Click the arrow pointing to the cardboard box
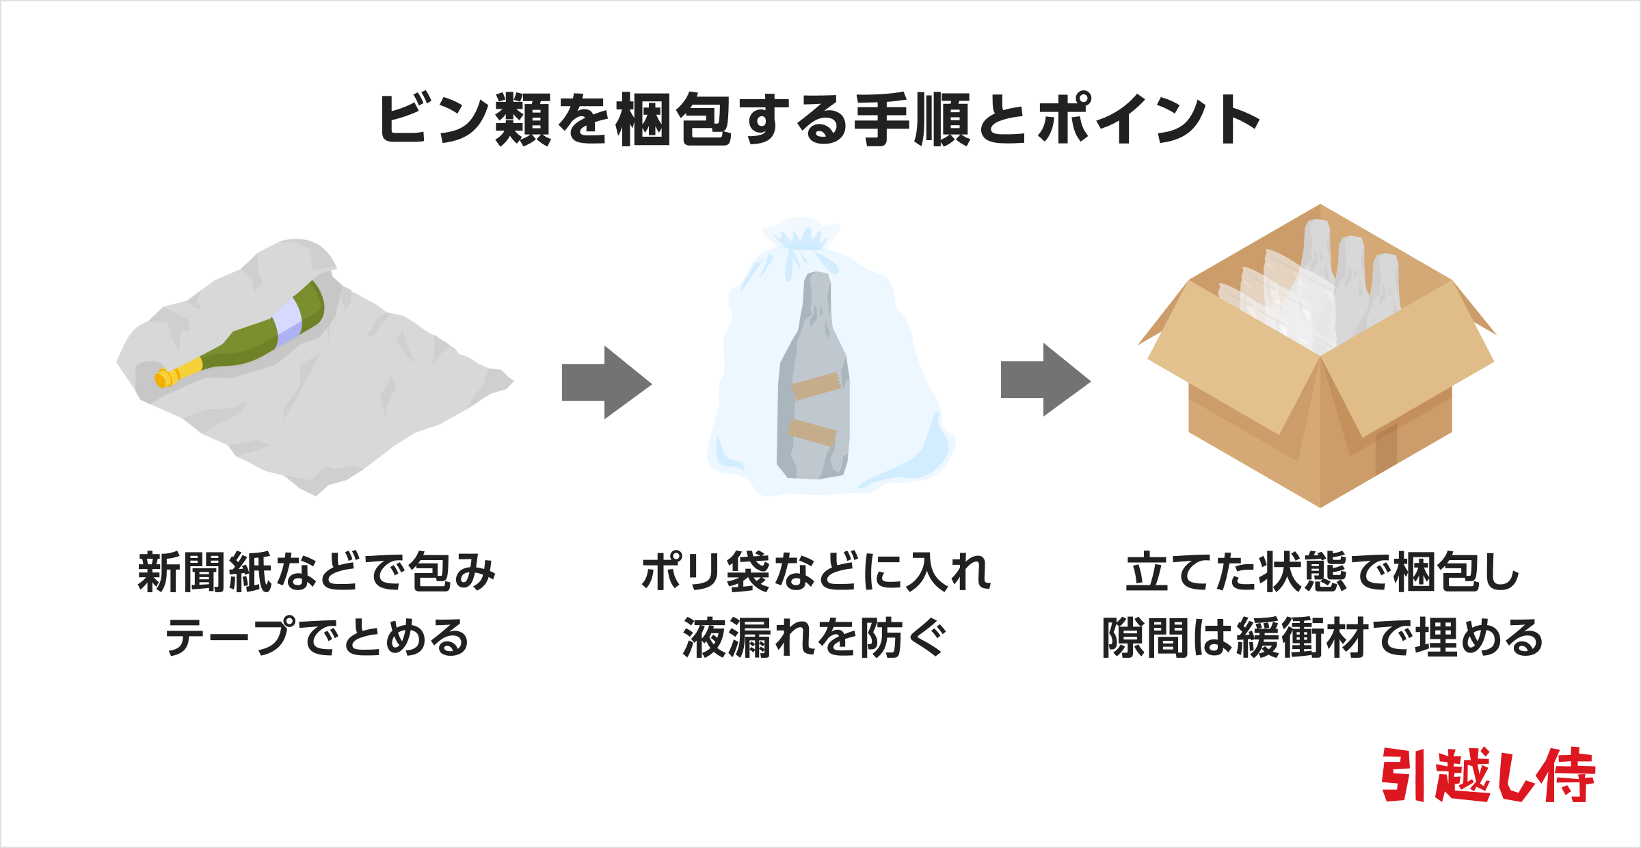[x=1045, y=380]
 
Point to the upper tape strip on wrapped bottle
[x=816, y=386]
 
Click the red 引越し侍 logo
[x=1488, y=776]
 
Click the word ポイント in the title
[x=1149, y=120]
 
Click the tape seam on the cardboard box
[x=1386, y=449]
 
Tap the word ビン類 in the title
[x=465, y=120]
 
